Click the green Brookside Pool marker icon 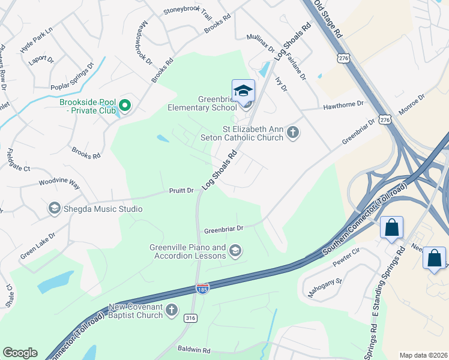[125, 106]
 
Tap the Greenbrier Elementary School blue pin [243, 91]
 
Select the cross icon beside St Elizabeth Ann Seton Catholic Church [293, 133]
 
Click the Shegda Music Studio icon [54, 209]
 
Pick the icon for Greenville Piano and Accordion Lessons [235, 251]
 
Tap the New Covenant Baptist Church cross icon [172, 310]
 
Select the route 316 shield [191, 317]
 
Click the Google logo [20, 353]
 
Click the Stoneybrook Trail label [188, 12]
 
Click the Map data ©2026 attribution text [423, 355]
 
